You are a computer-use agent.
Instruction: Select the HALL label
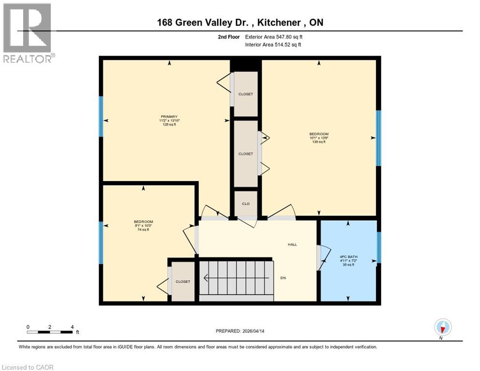coord(292,244)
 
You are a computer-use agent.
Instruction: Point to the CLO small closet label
coord(245,204)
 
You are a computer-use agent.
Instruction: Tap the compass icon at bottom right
coord(442,328)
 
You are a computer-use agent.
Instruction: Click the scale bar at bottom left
coord(50,332)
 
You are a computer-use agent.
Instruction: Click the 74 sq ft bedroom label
coord(143,226)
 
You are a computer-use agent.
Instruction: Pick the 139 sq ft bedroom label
coord(319,138)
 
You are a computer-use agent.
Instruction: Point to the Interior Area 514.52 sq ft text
coord(272,45)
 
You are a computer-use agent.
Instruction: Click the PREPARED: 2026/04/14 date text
coord(240,331)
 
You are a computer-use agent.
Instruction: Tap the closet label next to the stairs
coord(183,282)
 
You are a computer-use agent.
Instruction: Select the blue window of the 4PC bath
coord(379,247)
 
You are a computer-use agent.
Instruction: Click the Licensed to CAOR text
coord(28,367)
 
